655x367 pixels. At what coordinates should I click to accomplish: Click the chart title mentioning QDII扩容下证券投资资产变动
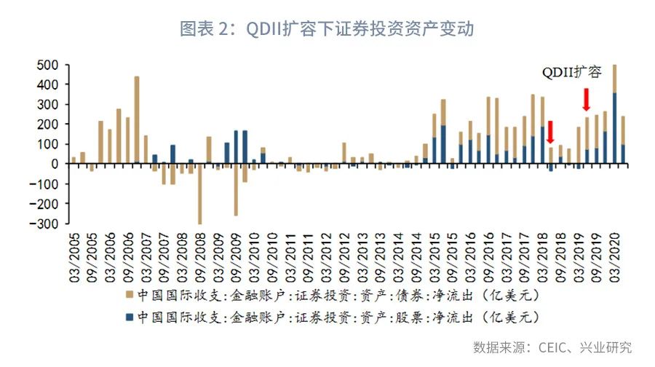[x=327, y=29]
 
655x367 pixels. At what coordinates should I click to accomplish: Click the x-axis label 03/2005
[x=74, y=257]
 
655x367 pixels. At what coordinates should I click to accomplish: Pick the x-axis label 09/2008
[x=199, y=257]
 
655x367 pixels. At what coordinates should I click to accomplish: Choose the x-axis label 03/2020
[x=614, y=257]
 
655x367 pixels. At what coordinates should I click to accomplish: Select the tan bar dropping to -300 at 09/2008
[x=199, y=194]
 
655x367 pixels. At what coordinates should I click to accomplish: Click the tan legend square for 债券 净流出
[x=129, y=295]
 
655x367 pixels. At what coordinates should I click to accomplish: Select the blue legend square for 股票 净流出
[x=129, y=317]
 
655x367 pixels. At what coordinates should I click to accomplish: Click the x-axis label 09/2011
[x=308, y=257]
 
